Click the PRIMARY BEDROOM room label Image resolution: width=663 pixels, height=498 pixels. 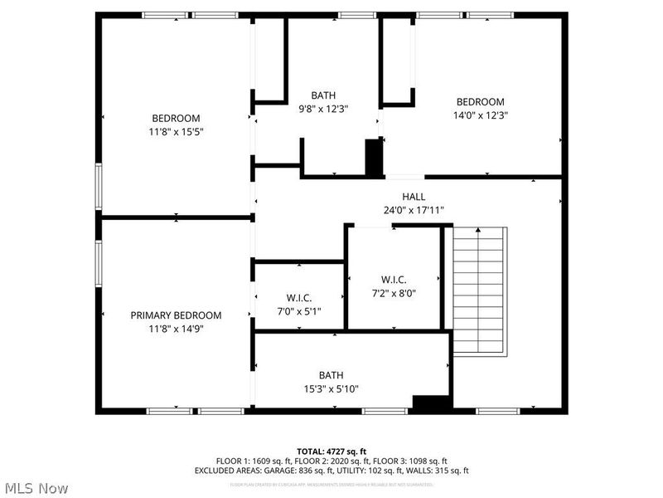[x=176, y=315]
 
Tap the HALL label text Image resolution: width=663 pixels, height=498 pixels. [x=414, y=197]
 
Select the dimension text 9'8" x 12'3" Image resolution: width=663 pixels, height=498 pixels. [x=324, y=109]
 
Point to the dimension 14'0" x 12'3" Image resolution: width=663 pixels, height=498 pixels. [x=480, y=115]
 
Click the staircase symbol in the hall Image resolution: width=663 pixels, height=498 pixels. [x=479, y=290]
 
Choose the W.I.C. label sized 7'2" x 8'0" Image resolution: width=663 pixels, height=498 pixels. [x=394, y=279]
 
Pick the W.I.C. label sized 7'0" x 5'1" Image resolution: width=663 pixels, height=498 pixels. [x=298, y=298]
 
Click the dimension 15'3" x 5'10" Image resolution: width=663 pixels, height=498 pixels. [x=331, y=388]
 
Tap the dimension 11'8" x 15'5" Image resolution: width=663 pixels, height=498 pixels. [x=176, y=131]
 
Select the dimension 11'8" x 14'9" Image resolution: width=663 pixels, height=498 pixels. [x=176, y=329]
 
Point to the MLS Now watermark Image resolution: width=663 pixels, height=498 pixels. [x=36, y=488]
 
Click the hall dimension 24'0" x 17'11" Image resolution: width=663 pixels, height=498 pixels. [x=414, y=210]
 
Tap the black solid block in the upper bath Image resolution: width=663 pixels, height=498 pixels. [x=375, y=158]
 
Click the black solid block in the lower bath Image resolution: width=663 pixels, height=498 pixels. [x=431, y=403]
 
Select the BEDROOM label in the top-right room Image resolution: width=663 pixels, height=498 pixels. [x=480, y=102]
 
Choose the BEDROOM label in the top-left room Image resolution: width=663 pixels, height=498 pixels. [x=176, y=118]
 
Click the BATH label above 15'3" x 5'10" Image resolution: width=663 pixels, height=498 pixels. [x=331, y=375]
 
